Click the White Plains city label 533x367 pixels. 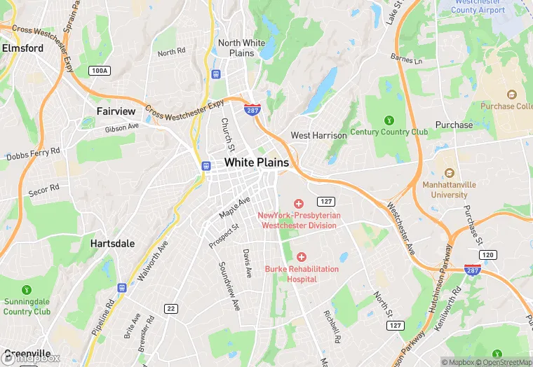[257, 162]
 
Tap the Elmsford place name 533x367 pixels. [22, 48]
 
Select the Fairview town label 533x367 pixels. [116, 111]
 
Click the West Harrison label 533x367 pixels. [318, 135]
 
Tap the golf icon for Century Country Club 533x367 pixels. [389, 120]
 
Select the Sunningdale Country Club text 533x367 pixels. [27, 307]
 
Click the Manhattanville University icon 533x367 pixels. [450, 172]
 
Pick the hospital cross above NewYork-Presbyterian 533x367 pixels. [299, 203]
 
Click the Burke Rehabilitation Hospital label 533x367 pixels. [302, 274]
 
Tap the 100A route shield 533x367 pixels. [100, 71]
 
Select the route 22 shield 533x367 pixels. [171, 308]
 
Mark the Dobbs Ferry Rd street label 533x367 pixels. [33, 154]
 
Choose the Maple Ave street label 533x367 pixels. [234, 207]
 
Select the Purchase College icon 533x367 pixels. [511, 95]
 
